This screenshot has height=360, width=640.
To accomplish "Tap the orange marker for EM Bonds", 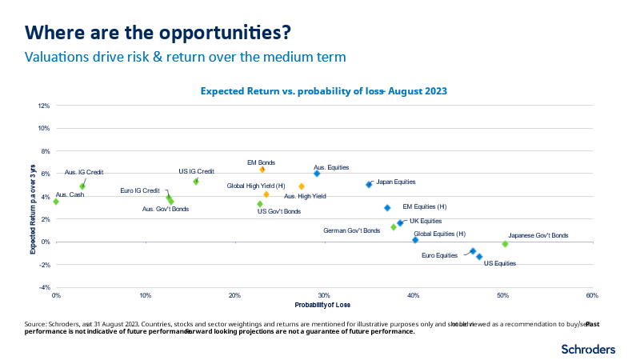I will (262, 170).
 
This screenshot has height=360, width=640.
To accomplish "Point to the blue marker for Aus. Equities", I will (317, 174).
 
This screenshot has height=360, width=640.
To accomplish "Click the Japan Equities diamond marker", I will (369, 184).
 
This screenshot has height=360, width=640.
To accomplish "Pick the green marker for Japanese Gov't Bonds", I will (505, 244).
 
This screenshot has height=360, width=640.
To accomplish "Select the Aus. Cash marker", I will (56, 202).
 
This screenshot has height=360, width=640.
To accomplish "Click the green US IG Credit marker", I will (196, 182).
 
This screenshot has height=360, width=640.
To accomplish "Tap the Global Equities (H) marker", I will (415, 240).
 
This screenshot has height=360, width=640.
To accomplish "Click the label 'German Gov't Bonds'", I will (351, 230).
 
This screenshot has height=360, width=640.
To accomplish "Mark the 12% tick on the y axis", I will (44, 106).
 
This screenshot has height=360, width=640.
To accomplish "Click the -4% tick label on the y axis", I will (44, 287).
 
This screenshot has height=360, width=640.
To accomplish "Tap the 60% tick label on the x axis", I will (592, 296).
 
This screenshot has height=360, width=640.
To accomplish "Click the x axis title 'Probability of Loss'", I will (323, 305).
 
